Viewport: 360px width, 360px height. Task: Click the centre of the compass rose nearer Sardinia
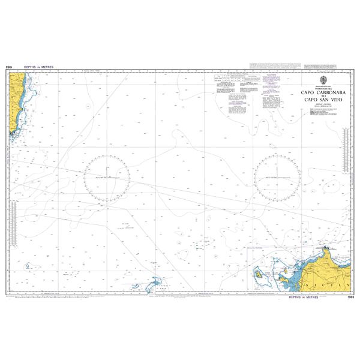[x=106, y=178]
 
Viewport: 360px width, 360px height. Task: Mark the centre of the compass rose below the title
[x=277, y=178]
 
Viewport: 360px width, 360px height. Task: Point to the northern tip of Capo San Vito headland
[x=326, y=247]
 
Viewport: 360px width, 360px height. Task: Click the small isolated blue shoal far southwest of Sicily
[x=28, y=265]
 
